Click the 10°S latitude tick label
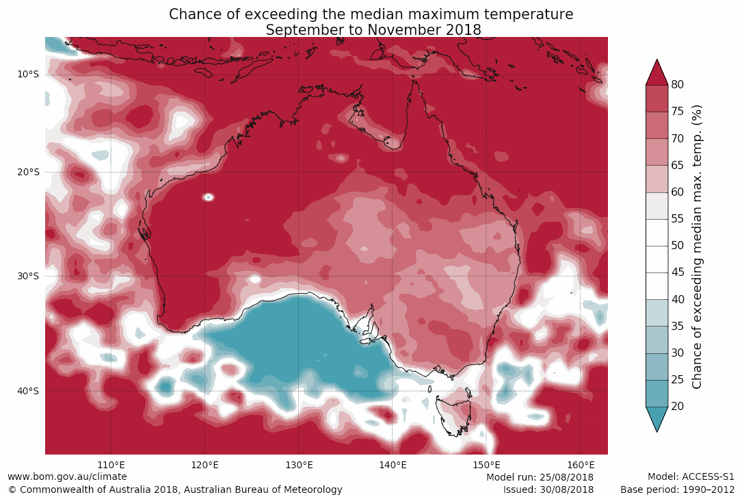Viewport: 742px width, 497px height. pos(29,75)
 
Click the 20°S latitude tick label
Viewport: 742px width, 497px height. pos(29,172)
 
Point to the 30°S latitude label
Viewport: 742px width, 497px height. pos(29,276)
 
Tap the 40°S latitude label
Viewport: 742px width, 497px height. pos(29,391)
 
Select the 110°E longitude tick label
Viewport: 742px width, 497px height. pos(111,465)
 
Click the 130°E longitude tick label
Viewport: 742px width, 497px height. pos(298,465)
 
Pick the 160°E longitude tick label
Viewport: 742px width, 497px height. pos(580,465)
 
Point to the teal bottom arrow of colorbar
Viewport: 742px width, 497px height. pos(657,418)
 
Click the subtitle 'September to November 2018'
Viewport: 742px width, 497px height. pos(373,30)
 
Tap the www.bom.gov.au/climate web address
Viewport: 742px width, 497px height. pos(67,476)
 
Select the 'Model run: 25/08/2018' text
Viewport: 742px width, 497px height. pos(540,477)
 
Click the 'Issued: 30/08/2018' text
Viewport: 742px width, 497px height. pos(548,489)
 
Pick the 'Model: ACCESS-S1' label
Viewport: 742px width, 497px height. pos(690,476)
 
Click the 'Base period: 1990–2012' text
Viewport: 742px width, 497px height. pos(677,489)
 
